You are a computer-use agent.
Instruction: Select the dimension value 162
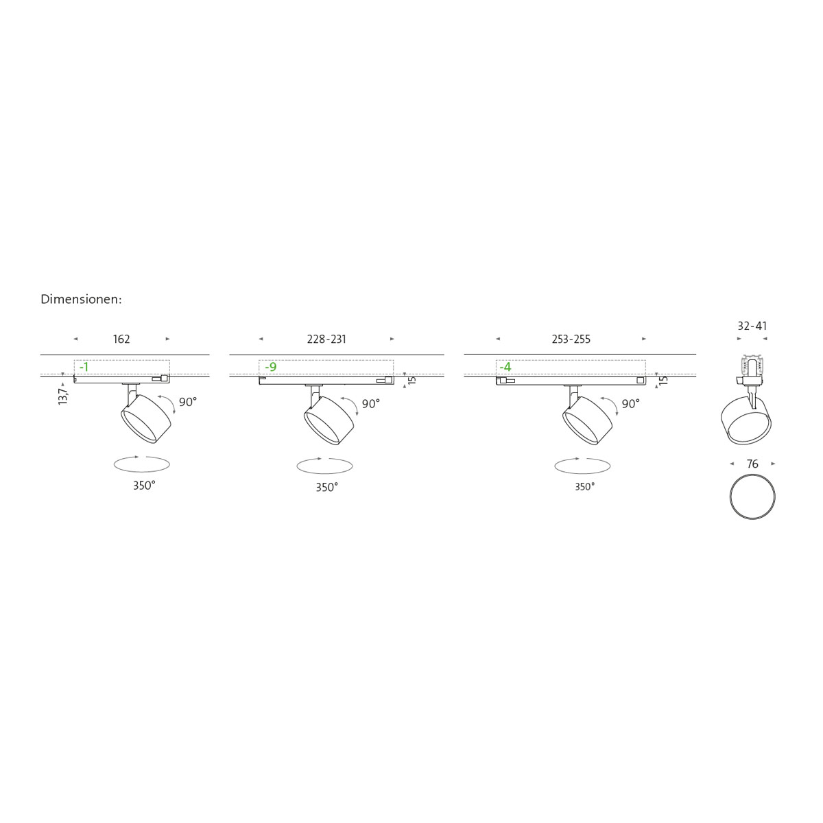[121, 339]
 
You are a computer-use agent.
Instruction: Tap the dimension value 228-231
[326, 339]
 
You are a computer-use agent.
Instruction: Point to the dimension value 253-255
[571, 339]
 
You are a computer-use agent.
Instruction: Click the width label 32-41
[752, 326]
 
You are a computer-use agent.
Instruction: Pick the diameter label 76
[752, 464]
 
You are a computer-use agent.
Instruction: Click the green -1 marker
[84, 367]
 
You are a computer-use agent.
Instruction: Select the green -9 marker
[271, 367]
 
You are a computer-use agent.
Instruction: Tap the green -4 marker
[505, 367]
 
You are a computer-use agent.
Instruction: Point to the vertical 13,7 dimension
[63, 396]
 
